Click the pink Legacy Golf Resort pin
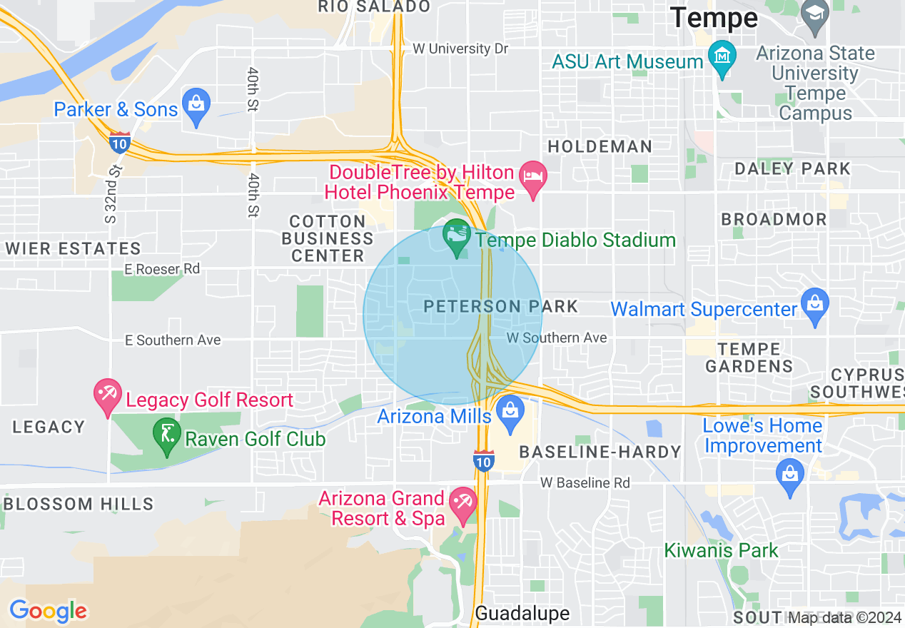point(108,395)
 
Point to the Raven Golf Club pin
point(167,435)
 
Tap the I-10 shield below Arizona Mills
point(483,461)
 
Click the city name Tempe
point(714,18)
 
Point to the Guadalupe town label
point(522,613)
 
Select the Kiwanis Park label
point(721,550)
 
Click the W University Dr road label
point(460,49)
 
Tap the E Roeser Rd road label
point(162,269)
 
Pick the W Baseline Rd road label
point(585,483)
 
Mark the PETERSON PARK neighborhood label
point(500,307)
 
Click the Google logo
point(48,611)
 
